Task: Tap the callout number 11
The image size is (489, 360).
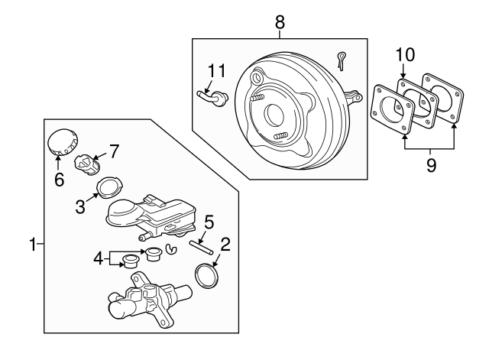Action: pos(218,73)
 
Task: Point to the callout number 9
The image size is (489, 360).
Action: pos(431,165)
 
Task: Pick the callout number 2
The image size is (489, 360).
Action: pos(225,245)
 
